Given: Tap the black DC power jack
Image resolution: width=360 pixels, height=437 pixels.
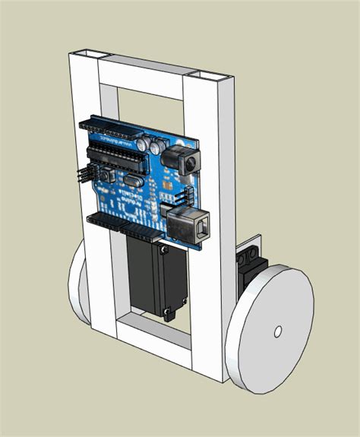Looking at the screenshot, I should coord(185,161).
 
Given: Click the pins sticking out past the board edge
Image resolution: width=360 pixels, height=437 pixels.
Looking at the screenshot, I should coord(80,176).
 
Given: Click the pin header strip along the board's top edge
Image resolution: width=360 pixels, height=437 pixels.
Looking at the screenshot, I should coord(114,132).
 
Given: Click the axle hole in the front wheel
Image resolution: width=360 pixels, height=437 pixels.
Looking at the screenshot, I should coord(277,331).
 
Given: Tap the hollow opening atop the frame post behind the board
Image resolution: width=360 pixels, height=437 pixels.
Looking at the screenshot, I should coord(90,55).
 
